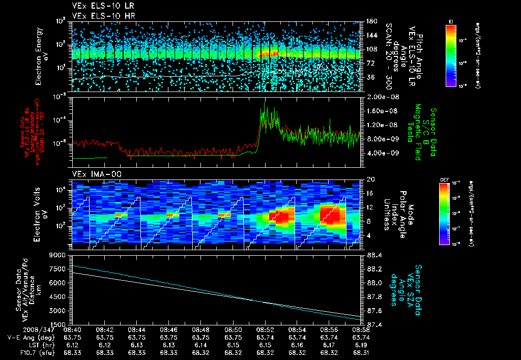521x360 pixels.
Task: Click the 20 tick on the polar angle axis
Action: point(370,179)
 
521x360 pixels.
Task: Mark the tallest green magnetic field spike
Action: point(264,103)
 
